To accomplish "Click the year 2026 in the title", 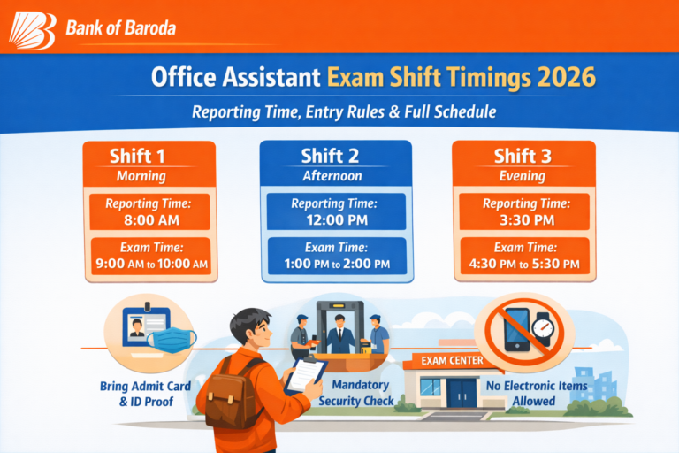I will point(567,78).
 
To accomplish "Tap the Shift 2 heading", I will point(335,157).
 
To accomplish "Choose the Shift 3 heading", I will point(523,157).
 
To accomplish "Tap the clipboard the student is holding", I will point(306,375).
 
